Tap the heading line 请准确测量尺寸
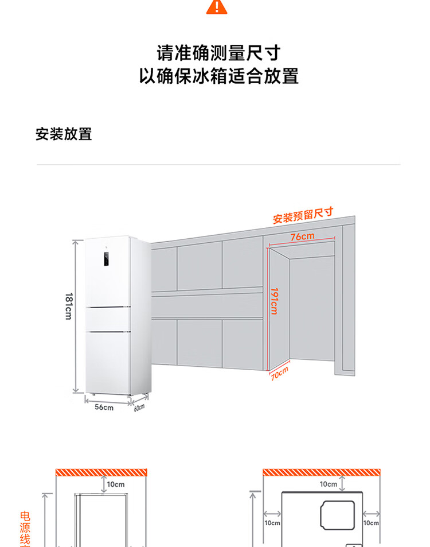click(218, 53)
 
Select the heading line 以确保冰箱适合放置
click(218, 76)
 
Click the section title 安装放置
click(64, 134)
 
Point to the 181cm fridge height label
click(68, 306)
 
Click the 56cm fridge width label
click(104, 407)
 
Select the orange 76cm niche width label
click(302, 236)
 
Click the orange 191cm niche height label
click(275, 301)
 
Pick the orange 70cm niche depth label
click(279, 374)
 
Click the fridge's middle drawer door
click(108, 319)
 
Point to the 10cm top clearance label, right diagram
click(329, 484)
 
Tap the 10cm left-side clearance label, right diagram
click(272, 523)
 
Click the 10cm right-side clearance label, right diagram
click(372, 523)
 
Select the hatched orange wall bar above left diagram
click(101, 472)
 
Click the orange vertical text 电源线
click(25, 528)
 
